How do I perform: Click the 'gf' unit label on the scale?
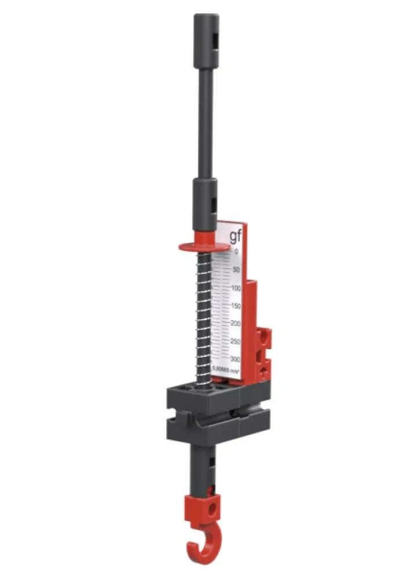pos(235,236)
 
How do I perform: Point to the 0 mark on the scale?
pos(236,252)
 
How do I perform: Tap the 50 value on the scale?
pos(236,270)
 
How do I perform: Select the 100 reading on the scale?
pos(236,288)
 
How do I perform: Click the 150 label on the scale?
pos(235,306)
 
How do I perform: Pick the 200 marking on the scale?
pos(235,323)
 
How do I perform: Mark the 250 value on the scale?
pos(235,342)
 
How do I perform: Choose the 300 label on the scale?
pos(235,359)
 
